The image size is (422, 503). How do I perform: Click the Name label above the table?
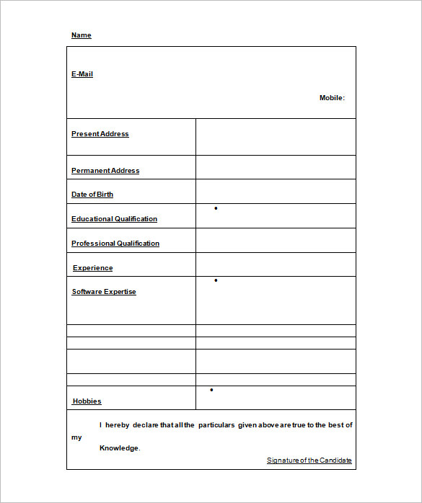pos(82,35)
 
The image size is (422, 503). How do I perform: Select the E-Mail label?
pos(82,74)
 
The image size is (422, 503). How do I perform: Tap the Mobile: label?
pos(332,98)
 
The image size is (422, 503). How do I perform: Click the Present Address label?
pos(100,134)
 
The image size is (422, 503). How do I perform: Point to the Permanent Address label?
pos(105,171)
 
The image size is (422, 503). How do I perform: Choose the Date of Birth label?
pos(92,195)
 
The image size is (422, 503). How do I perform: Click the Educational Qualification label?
pos(114,219)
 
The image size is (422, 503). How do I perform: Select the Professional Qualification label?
pos(115,244)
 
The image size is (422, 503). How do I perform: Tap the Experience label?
pos(93,268)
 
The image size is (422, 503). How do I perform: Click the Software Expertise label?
pos(104,292)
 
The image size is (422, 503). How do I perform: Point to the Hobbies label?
pos(87,401)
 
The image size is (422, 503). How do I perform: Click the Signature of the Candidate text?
pos(309,460)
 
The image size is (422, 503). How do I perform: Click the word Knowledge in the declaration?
pos(119,448)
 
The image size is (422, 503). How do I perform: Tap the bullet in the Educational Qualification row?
pos(216,208)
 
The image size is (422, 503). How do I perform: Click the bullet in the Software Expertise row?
pos(216,280)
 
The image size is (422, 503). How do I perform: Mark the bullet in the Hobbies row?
pos(211,390)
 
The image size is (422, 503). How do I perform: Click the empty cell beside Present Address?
pos(276,137)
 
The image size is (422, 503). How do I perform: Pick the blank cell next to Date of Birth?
pos(276,192)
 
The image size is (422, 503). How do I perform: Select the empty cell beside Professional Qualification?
pos(276,241)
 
